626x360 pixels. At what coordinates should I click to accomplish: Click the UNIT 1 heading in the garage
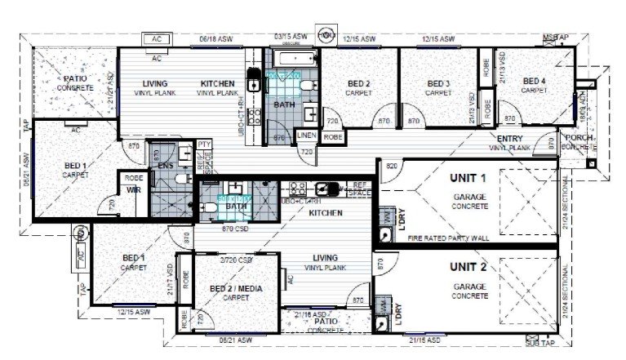point(468,177)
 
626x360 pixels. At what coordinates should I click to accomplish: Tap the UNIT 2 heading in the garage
point(468,267)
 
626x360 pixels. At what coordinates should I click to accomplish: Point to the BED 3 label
point(438,84)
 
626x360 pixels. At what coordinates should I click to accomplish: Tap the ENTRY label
point(510,140)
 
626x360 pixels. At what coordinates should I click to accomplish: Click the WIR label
point(133,190)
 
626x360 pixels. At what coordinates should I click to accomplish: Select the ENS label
point(165,166)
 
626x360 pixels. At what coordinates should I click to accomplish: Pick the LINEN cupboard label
point(306,135)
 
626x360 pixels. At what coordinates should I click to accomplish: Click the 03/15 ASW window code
point(290,37)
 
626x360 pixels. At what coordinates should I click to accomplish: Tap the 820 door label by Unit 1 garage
point(392,166)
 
